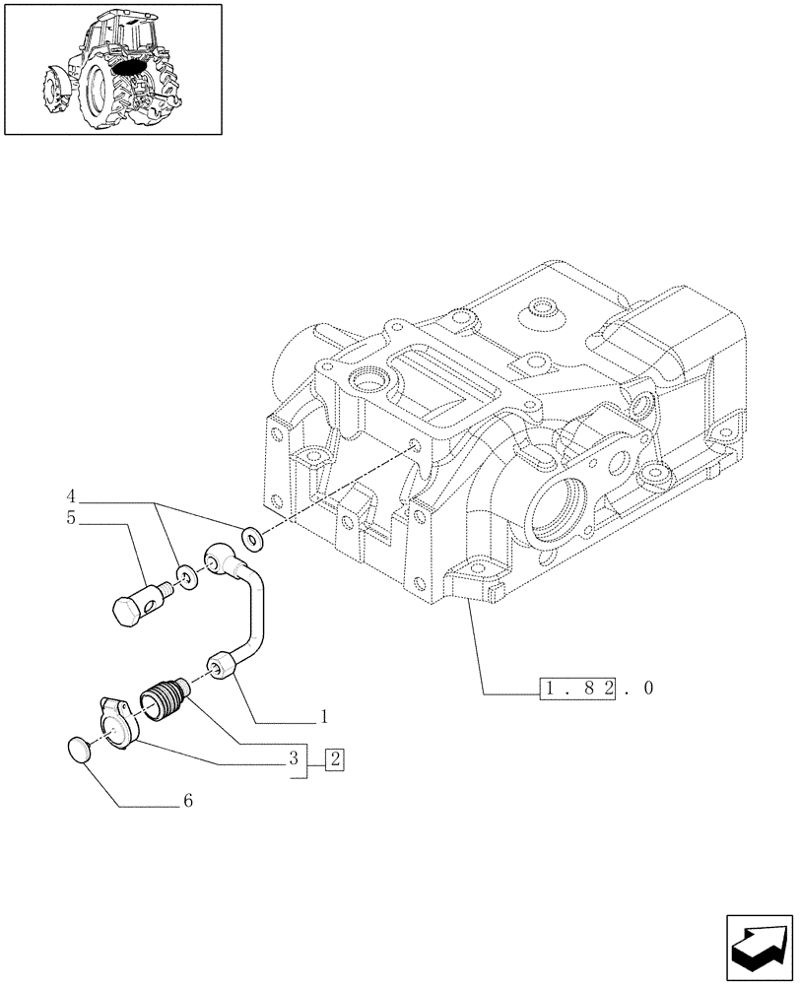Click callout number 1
(322, 718)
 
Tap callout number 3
(294, 759)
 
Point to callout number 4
(71, 493)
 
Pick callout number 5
(71, 517)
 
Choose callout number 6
(187, 802)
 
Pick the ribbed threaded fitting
(165, 702)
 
